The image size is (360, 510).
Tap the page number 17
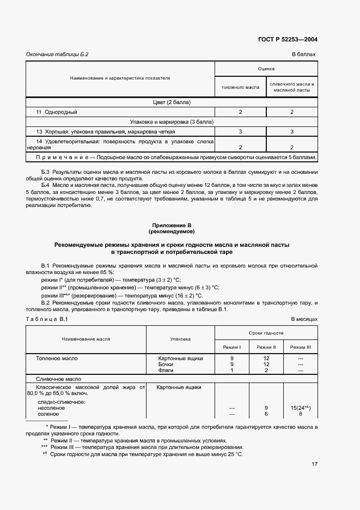coord(314,464)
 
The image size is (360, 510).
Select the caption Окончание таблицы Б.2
coord(57,54)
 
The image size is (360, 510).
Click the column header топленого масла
coord(240,87)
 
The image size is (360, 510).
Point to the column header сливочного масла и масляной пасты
coord(292,87)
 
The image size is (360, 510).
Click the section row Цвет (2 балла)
coord(171,102)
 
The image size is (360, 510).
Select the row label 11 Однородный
coord(57,112)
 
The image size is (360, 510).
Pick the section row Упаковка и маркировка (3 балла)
coord(171,122)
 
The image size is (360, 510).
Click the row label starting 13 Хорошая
coord(106,132)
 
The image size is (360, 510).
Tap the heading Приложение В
coord(172,225)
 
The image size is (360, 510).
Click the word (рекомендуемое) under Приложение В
coord(172,232)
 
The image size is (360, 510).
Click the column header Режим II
coord(266,347)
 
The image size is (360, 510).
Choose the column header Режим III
coord(300,347)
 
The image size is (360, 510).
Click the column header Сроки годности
coord(266,332)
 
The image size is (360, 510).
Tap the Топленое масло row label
coord(57,359)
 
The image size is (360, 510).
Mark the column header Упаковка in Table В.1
coord(180,339)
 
